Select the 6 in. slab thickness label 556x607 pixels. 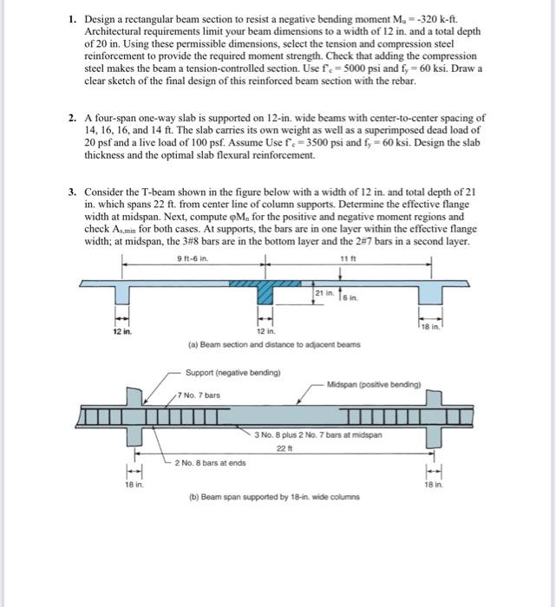(355, 297)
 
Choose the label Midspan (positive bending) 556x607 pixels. (375, 383)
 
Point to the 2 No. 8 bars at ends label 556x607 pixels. (211, 463)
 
